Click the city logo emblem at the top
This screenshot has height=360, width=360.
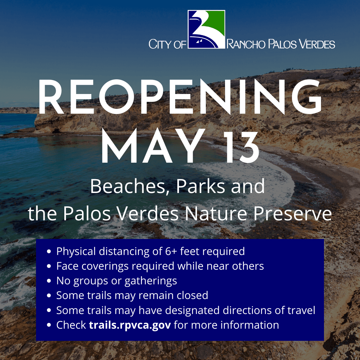206,29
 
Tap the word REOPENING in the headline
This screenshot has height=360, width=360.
180,98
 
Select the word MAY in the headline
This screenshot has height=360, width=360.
149,147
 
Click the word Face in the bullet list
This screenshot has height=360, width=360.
67,266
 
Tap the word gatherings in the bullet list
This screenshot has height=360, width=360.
151,281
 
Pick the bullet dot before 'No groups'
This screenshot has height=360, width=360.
49,281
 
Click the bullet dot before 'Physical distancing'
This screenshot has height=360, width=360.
49,251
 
